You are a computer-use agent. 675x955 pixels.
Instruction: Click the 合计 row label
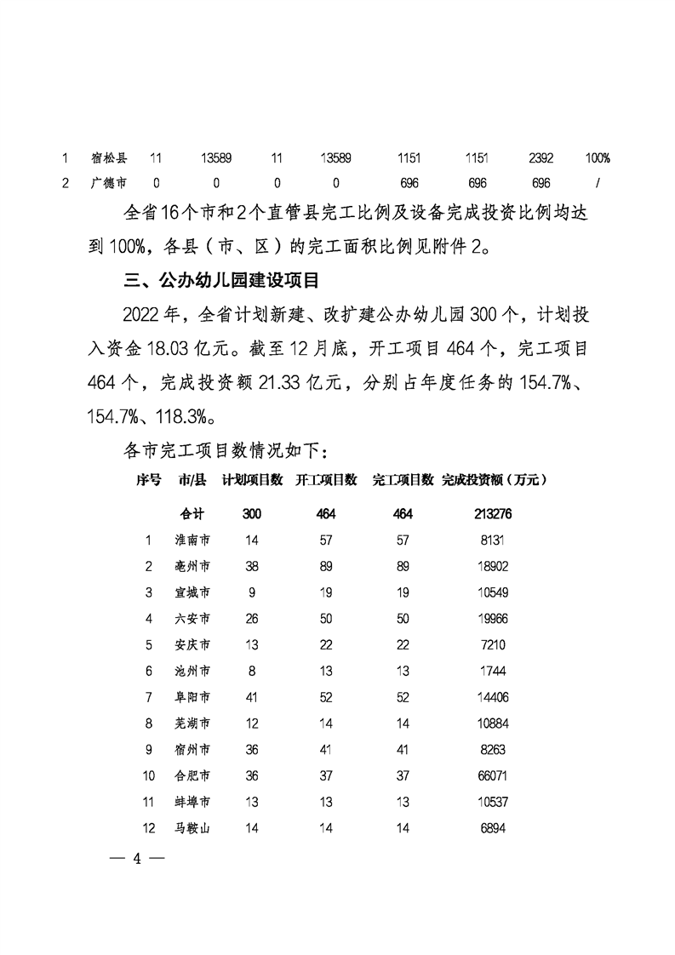click(x=192, y=514)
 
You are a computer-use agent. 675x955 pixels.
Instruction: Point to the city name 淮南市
click(x=192, y=540)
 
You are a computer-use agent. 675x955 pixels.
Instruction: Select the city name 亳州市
click(x=192, y=566)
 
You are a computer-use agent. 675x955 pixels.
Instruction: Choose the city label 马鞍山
click(x=192, y=828)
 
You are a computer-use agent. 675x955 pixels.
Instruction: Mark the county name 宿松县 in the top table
click(x=109, y=158)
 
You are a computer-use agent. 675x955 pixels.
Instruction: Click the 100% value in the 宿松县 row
click(x=598, y=158)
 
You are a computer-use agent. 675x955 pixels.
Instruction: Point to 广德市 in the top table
click(x=109, y=183)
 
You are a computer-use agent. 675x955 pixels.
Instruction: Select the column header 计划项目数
click(x=252, y=481)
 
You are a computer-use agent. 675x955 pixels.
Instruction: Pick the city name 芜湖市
click(x=192, y=723)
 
